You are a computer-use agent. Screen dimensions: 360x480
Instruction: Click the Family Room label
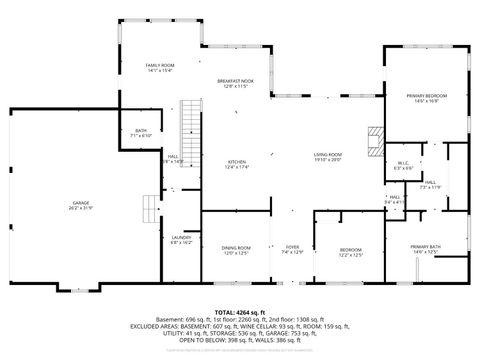pyautogui.click(x=160, y=64)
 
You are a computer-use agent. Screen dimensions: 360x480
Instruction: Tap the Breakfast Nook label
pyautogui.click(x=235, y=80)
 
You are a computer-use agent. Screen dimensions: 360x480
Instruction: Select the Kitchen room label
pyautogui.click(x=236, y=161)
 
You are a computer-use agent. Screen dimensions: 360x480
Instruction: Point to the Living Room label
pyautogui.click(x=328, y=154)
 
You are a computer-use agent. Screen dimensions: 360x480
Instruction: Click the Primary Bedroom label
pyautogui.click(x=427, y=95)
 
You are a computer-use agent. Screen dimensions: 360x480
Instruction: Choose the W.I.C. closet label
pyautogui.click(x=403, y=163)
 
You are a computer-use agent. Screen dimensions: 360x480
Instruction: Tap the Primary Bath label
pyautogui.click(x=425, y=246)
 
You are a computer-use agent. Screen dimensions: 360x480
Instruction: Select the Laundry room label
pyautogui.click(x=180, y=237)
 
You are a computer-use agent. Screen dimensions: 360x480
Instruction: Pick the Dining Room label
pyautogui.click(x=236, y=247)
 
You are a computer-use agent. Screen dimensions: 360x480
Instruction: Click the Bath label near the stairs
pyautogui.click(x=141, y=130)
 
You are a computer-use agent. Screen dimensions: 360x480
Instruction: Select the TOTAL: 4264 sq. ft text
pyautogui.click(x=240, y=313)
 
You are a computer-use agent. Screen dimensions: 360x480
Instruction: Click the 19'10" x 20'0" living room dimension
pyautogui.click(x=328, y=160)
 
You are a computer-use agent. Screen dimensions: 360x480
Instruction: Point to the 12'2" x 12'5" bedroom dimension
pyautogui.click(x=350, y=254)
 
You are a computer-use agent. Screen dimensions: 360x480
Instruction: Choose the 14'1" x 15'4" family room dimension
pyautogui.click(x=160, y=70)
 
